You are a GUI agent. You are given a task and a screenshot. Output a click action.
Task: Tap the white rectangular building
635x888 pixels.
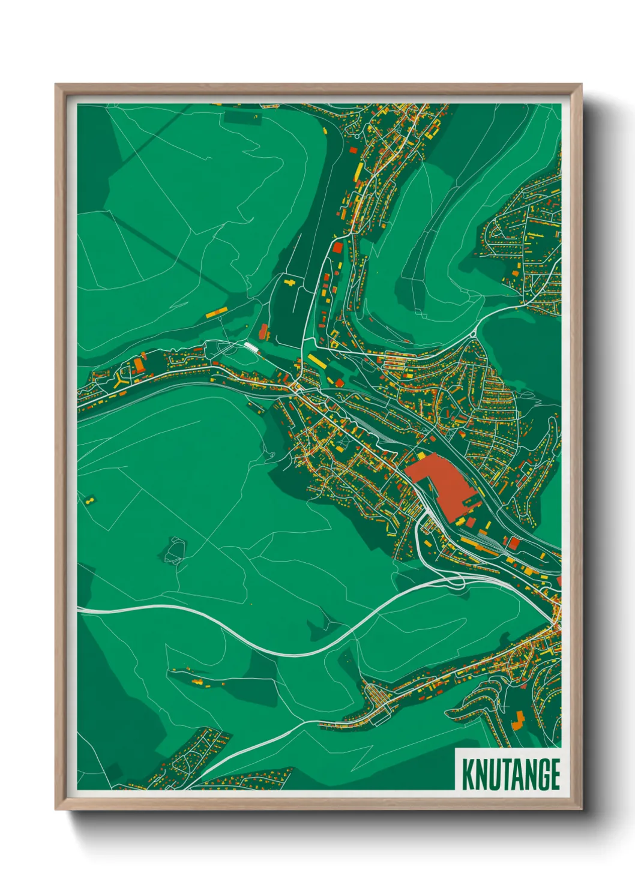[250, 346]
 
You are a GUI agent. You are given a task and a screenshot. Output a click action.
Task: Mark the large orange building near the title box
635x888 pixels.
[518, 719]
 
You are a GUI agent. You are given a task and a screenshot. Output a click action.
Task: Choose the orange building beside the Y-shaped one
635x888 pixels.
[139, 365]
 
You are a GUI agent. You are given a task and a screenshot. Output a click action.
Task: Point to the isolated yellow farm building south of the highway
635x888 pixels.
[197, 681]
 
